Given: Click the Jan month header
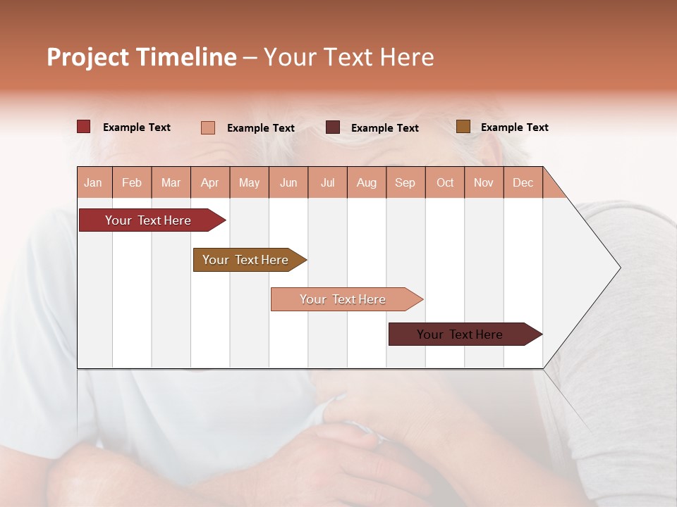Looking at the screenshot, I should tap(93, 182).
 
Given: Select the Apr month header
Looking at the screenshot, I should tap(209, 182).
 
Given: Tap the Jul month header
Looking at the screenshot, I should tap(327, 182).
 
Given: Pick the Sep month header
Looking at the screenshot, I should tap(405, 182).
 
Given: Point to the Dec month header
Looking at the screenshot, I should tap(523, 182).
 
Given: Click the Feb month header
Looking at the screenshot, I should tap(132, 182).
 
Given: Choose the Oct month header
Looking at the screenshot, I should tap(445, 182).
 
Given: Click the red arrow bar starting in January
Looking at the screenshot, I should tap(148, 220).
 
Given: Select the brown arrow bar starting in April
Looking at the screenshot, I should tap(245, 260).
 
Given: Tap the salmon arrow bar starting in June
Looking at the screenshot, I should tap(343, 299).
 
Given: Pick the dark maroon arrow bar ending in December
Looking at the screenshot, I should tap(460, 334).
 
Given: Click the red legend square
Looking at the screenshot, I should tap(83, 127).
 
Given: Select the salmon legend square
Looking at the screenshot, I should tap(207, 127).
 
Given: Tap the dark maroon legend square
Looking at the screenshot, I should tap(333, 127).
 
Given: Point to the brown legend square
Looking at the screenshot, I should tap(463, 127).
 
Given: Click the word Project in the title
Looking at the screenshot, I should tap(87, 57).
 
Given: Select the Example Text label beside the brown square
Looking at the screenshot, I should tap(514, 127).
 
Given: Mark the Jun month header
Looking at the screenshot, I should tap(288, 182).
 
